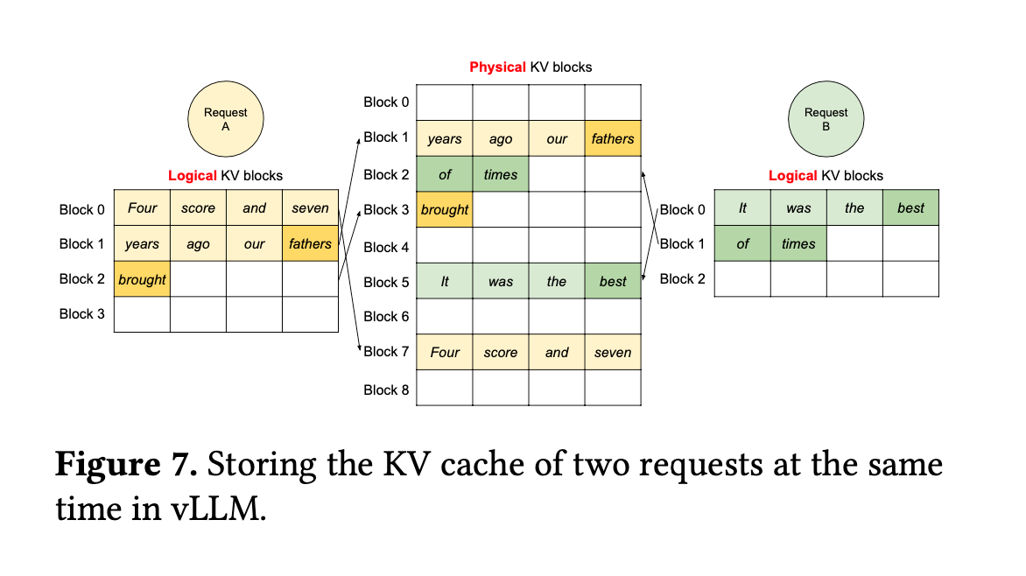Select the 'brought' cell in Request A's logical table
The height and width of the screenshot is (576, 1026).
point(142,279)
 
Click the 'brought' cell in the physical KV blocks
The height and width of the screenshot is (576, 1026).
point(445,210)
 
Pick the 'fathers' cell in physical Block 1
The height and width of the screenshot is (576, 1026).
point(613,138)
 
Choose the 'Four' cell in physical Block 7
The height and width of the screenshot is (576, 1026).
point(445,353)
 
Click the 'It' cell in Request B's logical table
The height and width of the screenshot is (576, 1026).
point(742,208)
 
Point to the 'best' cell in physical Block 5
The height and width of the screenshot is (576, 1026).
point(613,282)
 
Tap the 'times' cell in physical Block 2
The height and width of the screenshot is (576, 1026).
point(501,175)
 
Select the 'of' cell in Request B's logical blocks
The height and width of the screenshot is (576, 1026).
point(742,244)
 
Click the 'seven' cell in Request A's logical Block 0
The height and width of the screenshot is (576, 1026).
point(310,208)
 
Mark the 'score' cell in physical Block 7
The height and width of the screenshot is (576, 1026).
point(501,353)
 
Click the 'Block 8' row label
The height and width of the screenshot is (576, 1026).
point(386,390)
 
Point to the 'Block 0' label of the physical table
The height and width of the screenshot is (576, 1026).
point(386,102)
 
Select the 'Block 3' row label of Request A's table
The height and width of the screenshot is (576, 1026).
point(81,313)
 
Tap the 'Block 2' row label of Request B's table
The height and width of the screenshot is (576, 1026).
point(682,278)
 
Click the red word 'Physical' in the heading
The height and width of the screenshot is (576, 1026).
point(497,67)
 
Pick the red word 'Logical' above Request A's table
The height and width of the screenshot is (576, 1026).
point(192,176)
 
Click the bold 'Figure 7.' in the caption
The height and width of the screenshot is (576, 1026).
point(126,463)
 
